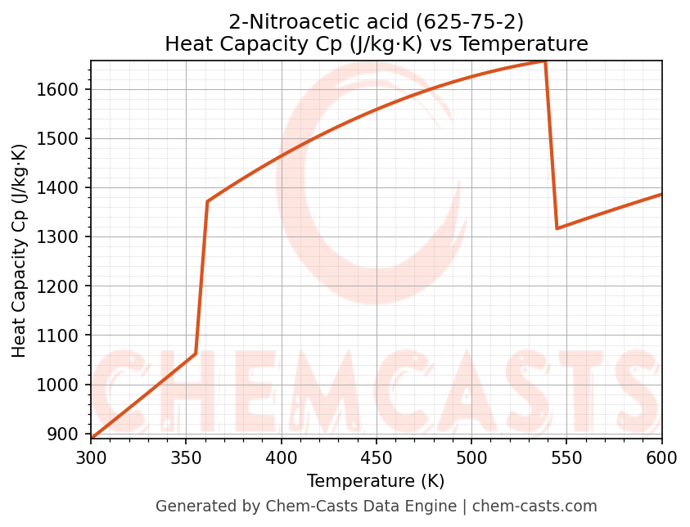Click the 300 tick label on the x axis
click(x=91, y=457)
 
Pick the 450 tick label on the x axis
click(x=377, y=457)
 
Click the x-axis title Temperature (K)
click(x=376, y=481)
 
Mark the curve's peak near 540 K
click(x=545, y=61)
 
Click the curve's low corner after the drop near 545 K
click(x=557, y=228)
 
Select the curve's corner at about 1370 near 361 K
click(x=208, y=201)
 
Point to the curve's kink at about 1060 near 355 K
click(x=196, y=354)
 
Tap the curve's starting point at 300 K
click(x=92, y=439)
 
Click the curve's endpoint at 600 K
click(x=661, y=194)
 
